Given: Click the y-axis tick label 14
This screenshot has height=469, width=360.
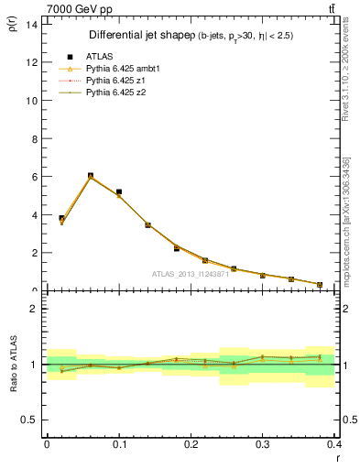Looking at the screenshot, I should click(31, 24).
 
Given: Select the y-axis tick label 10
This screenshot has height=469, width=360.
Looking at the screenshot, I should click(31, 100).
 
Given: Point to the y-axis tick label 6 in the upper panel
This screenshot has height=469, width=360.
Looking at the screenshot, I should click(34, 177).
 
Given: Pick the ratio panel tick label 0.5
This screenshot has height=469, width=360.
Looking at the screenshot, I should click(29, 420).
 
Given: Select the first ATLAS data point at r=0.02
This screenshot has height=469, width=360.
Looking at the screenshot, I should click(61, 219).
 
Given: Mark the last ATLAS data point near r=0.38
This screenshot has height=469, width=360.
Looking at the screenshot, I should click(320, 285).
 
